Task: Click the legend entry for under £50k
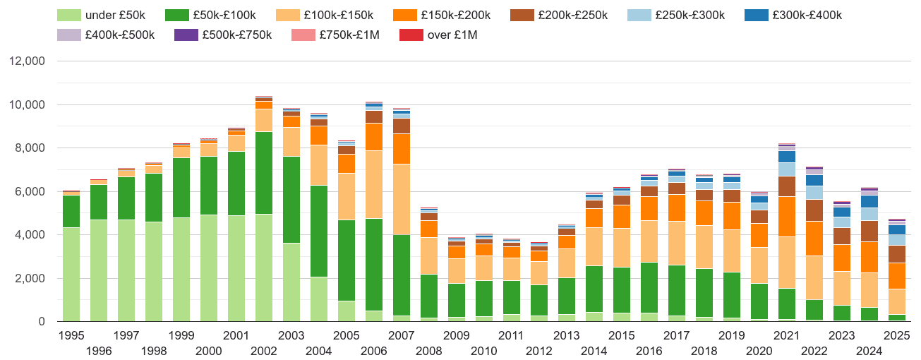click(112, 15)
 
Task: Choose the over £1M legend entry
click(452, 35)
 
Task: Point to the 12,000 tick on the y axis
click(26, 61)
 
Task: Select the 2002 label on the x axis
click(263, 351)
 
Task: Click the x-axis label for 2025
click(896, 335)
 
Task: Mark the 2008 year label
click(428, 351)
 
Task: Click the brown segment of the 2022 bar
click(814, 210)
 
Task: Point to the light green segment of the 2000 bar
click(208, 268)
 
